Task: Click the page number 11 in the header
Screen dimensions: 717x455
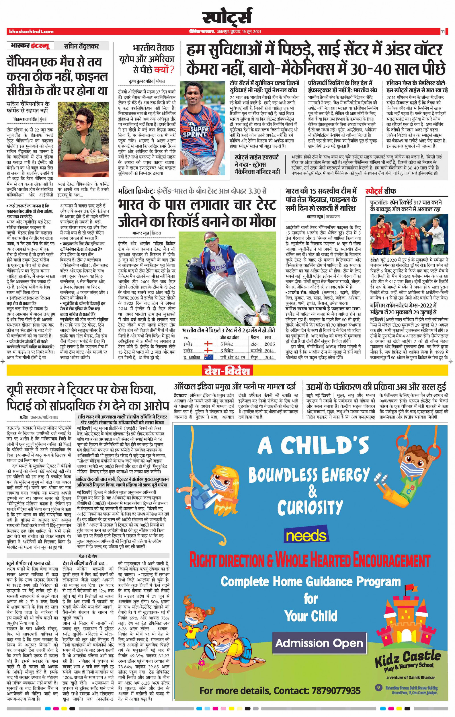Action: click(x=443, y=31)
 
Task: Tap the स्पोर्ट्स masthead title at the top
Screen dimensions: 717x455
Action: click(x=227, y=17)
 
